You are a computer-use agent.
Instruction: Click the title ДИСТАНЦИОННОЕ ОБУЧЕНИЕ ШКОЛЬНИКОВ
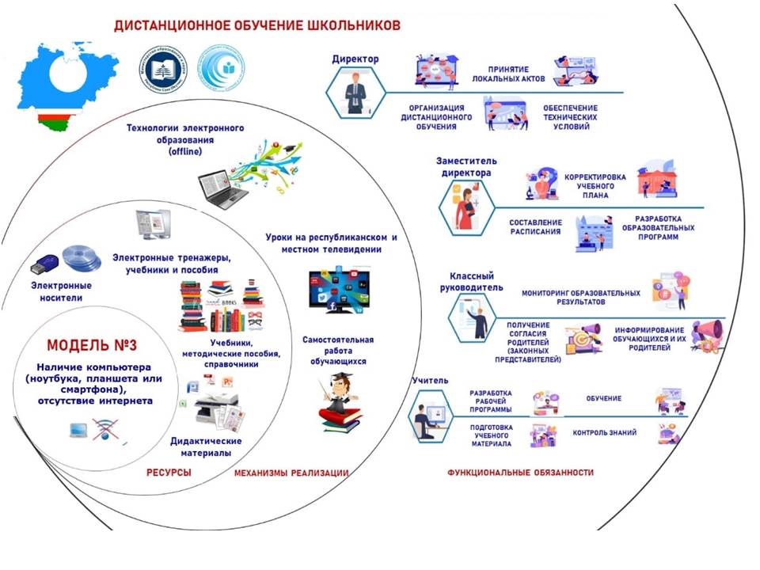[257, 25]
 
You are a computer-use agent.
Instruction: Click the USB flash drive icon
[43, 260]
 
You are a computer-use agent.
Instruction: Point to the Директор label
[355, 59]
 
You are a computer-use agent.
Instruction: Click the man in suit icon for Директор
[354, 93]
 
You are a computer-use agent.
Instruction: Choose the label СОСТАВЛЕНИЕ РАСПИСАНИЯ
[535, 227]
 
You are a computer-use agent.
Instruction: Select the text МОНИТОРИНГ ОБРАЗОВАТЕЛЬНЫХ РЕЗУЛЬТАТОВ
[580, 297]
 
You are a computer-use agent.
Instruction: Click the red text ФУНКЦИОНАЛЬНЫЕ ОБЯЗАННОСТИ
[520, 473]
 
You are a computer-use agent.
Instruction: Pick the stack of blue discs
[82, 258]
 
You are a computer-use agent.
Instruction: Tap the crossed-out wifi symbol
[107, 431]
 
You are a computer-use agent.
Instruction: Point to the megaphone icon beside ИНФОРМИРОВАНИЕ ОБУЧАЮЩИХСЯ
[705, 335]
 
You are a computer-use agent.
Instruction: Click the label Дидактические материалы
[206, 447]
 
